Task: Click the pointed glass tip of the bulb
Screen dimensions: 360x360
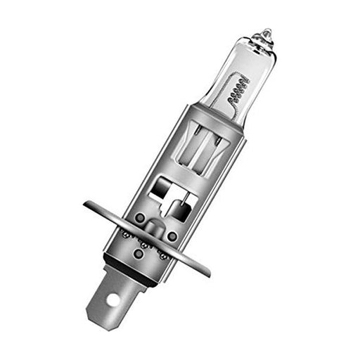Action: (x=266, y=32)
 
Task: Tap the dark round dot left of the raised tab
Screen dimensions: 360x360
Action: (x=139, y=218)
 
